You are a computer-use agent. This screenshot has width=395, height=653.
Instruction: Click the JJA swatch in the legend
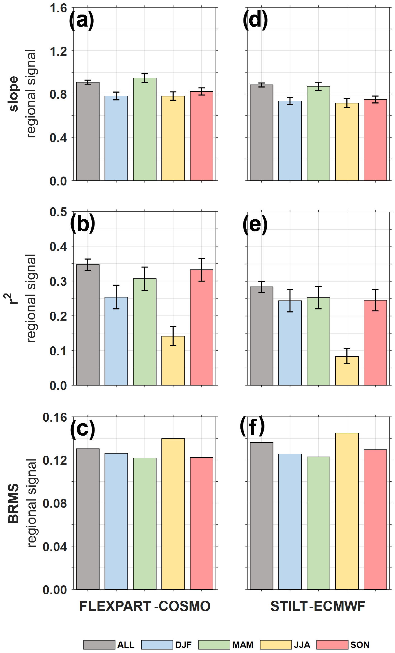click(276, 645)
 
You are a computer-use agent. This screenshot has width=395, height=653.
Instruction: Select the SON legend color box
click(332, 645)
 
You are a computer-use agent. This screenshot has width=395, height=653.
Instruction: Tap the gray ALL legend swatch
click(99, 645)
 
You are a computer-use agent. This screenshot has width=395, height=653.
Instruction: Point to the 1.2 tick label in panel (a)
click(58, 51)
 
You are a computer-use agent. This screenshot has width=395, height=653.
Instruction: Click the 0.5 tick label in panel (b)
click(58, 212)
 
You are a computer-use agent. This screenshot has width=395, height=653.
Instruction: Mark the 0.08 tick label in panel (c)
click(55, 503)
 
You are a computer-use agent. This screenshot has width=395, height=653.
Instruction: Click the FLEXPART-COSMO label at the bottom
click(145, 606)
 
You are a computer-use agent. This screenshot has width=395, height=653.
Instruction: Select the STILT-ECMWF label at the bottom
click(318, 606)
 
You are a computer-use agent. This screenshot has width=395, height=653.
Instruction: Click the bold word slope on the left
click(13, 94)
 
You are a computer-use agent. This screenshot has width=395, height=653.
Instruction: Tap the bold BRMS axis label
click(13, 503)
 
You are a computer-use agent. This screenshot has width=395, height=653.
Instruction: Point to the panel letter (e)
click(255, 225)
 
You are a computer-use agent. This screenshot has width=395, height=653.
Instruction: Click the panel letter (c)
click(82, 429)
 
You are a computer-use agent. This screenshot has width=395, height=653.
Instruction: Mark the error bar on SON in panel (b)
click(202, 270)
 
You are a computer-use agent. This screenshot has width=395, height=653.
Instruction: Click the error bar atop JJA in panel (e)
click(347, 356)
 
